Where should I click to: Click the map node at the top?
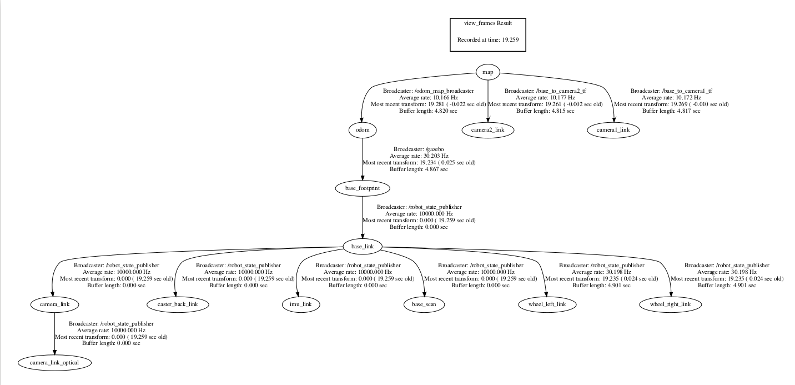click(x=487, y=72)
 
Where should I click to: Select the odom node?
click(x=363, y=130)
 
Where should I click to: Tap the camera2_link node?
click(x=488, y=130)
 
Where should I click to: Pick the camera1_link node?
click(x=613, y=130)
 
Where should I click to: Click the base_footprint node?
click(x=363, y=188)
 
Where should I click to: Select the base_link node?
click(x=363, y=246)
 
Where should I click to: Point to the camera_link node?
click(x=54, y=304)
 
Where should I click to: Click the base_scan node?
click(x=424, y=304)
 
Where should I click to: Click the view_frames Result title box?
click(x=487, y=34)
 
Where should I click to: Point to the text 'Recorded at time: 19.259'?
click(x=487, y=40)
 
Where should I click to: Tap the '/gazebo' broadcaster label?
click(x=419, y=149)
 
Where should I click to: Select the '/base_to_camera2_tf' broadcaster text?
click(x=545, y=91)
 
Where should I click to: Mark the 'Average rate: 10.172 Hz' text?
click(x=671, y=97)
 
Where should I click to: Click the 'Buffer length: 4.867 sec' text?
click(x=419, y=169)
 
